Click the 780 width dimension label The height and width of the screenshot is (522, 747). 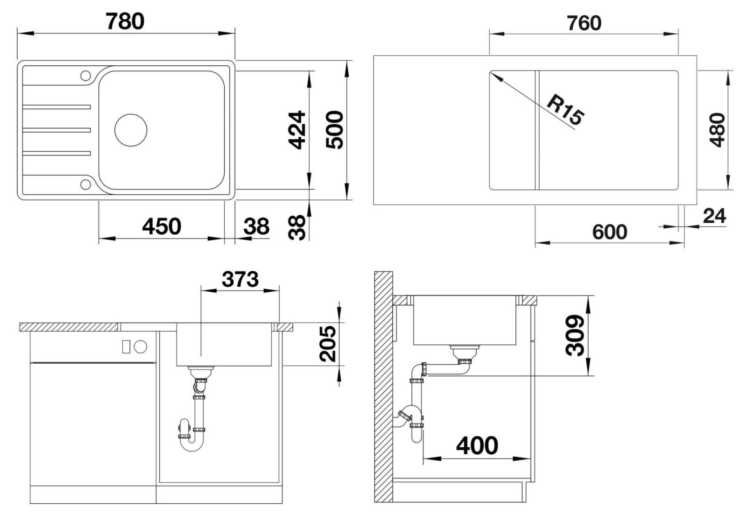click(x=125, y=21)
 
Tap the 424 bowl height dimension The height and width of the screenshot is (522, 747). click(x=297, y=130)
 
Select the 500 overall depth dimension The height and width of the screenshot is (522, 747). click(x=334, y=130)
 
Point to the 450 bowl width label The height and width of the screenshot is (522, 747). click(x=162, y=226)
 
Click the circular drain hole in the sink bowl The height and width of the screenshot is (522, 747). click(x=131, y=130)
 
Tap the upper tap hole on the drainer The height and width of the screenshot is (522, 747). click(x=86, y=76)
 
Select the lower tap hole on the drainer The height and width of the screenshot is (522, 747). click(x=86, y=184)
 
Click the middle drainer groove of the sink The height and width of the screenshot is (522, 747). click(x=56, y=130)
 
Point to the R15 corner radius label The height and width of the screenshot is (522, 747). click(x=565, y=110)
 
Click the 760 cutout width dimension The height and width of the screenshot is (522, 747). click(x=584, y=23)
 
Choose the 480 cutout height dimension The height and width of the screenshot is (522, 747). click(x=717, y=130)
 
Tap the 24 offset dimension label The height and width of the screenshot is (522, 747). click(x=714, y=216)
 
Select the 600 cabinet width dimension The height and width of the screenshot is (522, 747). click(x=610, y=232)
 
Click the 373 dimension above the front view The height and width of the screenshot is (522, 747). click(x=240, y=279)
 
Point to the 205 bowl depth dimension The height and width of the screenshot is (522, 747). click(x=328, y=344)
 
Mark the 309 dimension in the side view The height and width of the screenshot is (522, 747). click(x=575, y=335)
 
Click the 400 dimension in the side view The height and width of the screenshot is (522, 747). click(x=477, y=445)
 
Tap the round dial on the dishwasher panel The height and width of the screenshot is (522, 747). click(x=141, y=346)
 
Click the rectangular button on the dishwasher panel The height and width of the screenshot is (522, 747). click(x=126, y=346)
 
